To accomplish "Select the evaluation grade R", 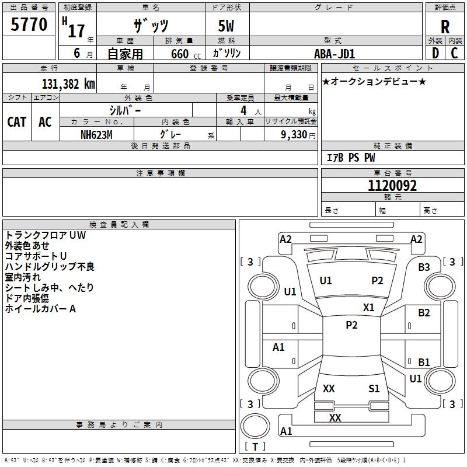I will [x=445, y=27].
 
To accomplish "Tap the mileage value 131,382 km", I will [x=68, y=84].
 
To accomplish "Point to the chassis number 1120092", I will [x=392, y=186].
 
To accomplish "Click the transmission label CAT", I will [x=16, y=121].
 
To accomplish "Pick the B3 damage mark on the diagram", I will [x=424, y=267].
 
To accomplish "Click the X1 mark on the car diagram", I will [x=369, y=307].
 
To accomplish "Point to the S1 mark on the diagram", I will [x=374, y=388].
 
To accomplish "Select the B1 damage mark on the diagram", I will [x=424, y=362].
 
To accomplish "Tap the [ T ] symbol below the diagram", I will [x=255, y=447].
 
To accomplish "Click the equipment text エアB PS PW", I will [x=350, y=158].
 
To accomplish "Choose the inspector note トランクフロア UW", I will [x=46, y=235].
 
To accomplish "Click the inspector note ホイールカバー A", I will [x=41, y=309].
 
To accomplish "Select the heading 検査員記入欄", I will [x=119, y=224].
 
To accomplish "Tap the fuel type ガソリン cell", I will [x=227, y=53].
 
